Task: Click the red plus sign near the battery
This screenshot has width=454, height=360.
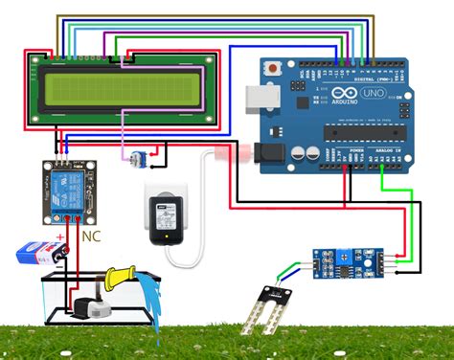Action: click(60, 235)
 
